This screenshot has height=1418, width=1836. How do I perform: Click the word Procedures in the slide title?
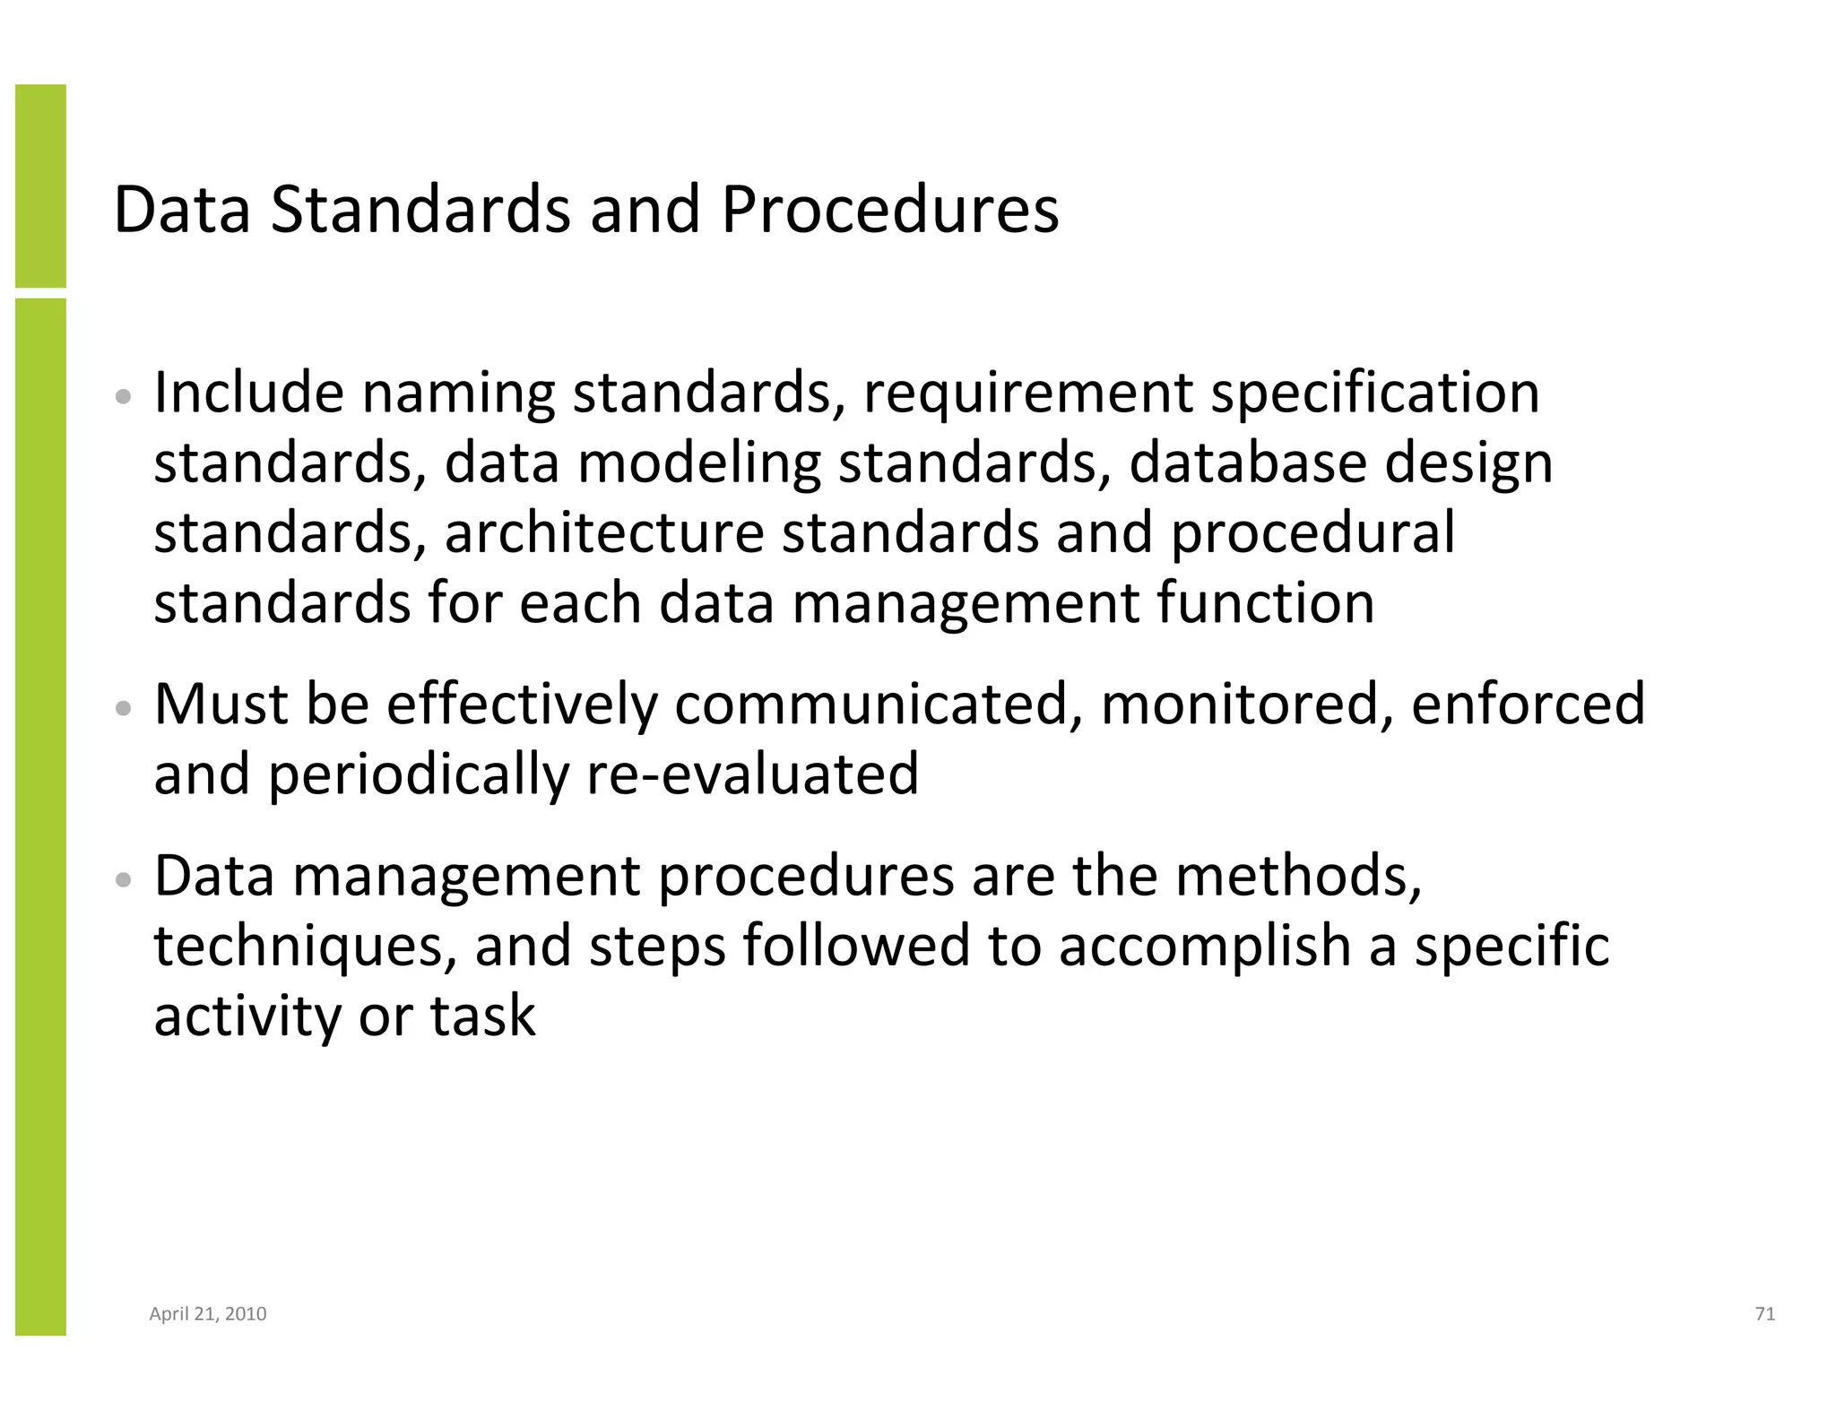(889, 210)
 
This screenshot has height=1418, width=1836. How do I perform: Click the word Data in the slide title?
(182, 210)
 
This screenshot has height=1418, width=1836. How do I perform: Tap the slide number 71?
(1764, 1314)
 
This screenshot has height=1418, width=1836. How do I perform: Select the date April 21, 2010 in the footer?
(208, 1314)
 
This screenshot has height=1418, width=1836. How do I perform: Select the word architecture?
(603, 532)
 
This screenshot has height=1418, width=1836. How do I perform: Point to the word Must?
(221, 704)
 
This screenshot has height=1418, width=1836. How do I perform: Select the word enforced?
(1528, 704)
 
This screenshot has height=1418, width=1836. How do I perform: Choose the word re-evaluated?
(752, 774)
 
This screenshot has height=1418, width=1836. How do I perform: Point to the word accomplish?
(1204, 948)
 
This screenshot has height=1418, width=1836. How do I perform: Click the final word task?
(482, 1016)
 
